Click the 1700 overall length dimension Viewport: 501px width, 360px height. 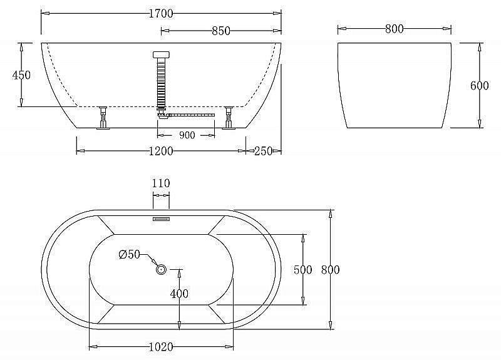pyautogui.click(x=161, y=14)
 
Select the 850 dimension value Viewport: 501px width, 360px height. pyautogui.click(x=221, y=31)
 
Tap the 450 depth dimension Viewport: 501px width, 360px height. pyautogui.click(x=21, y=75)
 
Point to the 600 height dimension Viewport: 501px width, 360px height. pyautogui.click(x=479, y=86)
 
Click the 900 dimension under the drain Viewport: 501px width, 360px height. pyautogui.click(x=187, y=135)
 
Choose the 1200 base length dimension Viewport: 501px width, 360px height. pyautogui.click(x=161, y=151)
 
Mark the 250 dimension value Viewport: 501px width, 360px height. pyautogui.click(x=263, y=151)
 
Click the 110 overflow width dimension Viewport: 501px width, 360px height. pyautogui.click(x=161, y=183)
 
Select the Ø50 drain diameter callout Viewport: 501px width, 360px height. pyautogui.click(x=129, y=255)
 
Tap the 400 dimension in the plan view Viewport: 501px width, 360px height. pyautogui.click(x=179, y=294)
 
